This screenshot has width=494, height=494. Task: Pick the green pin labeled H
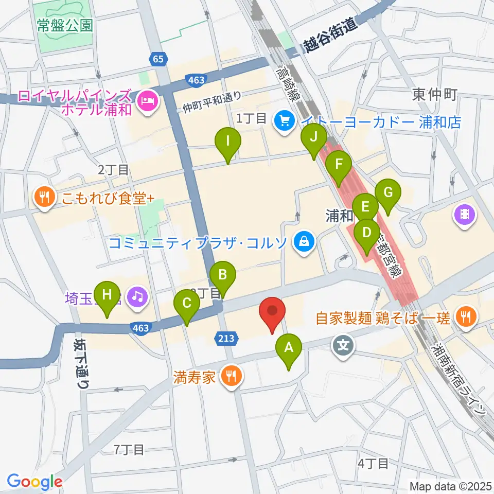click(107, 295)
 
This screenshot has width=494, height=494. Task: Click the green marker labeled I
click(228, 140)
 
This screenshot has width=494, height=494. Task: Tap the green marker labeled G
click(387, 193)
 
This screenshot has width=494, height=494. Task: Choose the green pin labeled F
click(339, 165)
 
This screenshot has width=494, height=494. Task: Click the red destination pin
click(273, 312)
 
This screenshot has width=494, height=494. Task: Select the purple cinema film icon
click(465, 214)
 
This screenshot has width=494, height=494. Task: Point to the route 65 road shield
click(158, 59)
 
